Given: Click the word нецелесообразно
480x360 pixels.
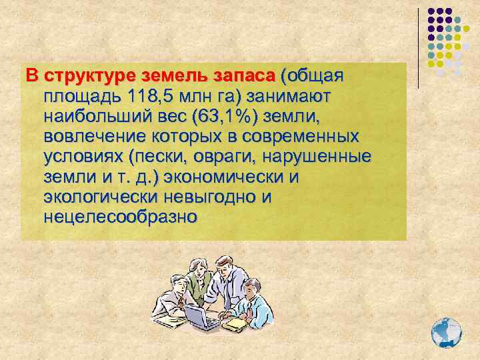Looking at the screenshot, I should point(120,217).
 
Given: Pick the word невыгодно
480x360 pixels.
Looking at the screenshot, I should point(211,197).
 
